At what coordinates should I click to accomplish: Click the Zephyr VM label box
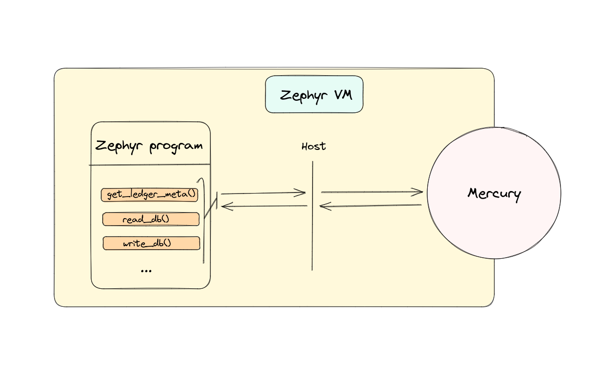point(314,94)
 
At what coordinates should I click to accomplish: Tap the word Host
point(314,147)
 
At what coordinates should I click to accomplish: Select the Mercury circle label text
point(494,194)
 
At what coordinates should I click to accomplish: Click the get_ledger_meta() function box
point(150,195)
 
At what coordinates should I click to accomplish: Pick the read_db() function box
point(151,219)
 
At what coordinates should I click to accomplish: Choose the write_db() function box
point(151,244)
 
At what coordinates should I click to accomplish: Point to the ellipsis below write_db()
point(146,270)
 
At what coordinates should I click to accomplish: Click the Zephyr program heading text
point(149,146)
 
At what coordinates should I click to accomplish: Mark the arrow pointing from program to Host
point(263,193)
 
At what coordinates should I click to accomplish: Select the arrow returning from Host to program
point(264,206)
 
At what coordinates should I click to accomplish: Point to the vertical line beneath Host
point(313,236)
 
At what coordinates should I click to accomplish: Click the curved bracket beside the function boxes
point(204,221)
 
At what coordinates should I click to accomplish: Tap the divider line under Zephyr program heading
point(150,164)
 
